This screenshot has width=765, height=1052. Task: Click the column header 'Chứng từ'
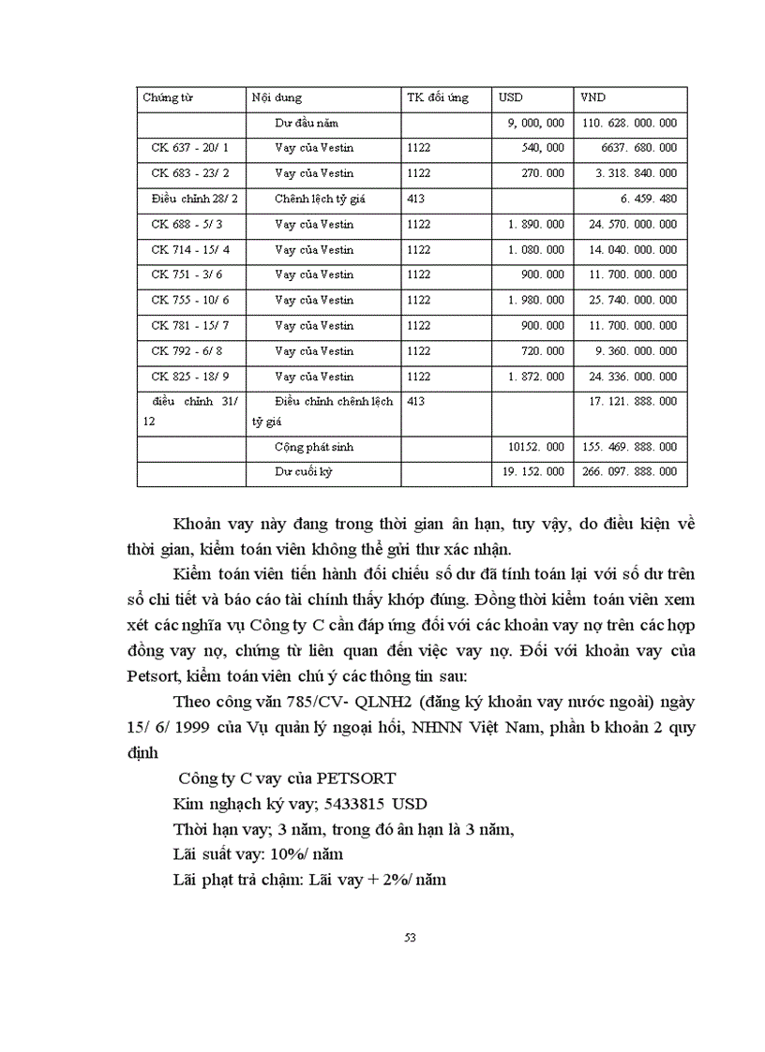coord(168,97)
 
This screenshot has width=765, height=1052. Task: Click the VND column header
coord(592,97)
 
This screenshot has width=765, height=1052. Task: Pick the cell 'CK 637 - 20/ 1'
coord(189,148)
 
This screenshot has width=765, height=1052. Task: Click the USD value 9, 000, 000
coord(535,123)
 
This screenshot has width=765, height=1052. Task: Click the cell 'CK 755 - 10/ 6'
coord(189,300)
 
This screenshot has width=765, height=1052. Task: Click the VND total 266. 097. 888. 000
coord(629,472)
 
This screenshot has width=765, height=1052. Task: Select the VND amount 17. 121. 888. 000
coord(629,401)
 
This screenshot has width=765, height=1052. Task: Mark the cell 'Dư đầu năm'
coord(306,123)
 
